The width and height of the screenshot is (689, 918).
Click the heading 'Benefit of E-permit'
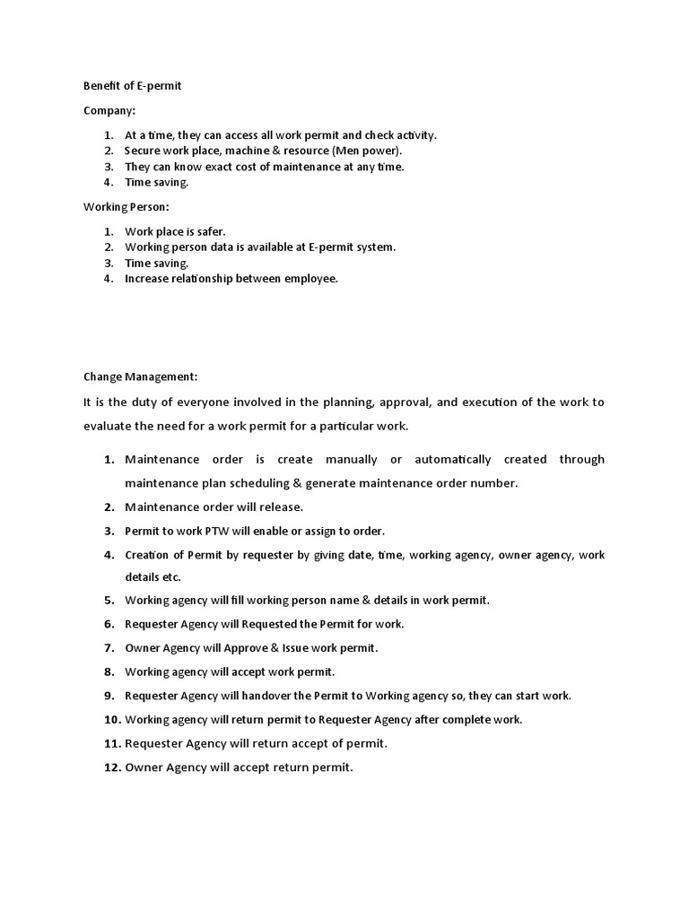click(x=133, y=86)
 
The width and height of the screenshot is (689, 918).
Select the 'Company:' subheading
click(x=109, y=111)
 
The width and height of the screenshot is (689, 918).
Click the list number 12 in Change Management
click(x=111, y=767)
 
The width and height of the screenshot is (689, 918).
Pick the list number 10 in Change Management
click(x=111, y=720)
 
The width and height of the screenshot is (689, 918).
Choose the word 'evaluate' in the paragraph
click(x=108, y=427)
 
